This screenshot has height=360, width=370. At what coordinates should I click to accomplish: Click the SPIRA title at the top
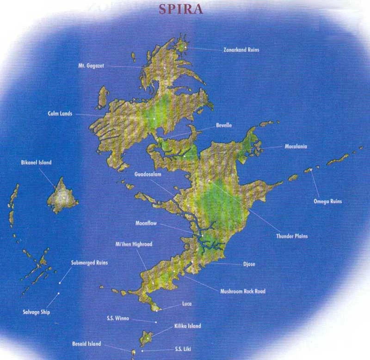(x=181, y=10)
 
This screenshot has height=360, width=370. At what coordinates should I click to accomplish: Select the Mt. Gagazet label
(x=91, y=66)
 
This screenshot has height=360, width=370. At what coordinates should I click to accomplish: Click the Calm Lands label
(x=60, y=113)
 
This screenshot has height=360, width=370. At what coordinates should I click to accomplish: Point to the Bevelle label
(x=224, y=125)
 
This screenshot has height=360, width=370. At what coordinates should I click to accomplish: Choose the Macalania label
(x=296, y=146)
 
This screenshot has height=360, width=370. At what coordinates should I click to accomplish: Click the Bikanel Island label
(x=36, y=163)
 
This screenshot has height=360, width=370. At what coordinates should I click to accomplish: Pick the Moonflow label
(x=147, y=223)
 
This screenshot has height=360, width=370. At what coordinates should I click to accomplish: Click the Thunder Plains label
(x=292, y=236)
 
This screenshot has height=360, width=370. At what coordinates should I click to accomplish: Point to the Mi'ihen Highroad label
(x=134, y=244)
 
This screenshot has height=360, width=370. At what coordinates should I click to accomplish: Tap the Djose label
(x=249, y=264)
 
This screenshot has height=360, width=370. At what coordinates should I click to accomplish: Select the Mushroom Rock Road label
(x=243, y=291)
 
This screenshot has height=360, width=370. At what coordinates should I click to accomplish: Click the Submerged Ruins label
(x=89, y=262)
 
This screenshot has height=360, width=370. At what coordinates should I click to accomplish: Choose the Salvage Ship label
(x=36, y=312)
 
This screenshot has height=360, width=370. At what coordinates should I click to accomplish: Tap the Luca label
(x=187, y=304)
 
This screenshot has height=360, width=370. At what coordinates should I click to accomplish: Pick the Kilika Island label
(x=187, y=326)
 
